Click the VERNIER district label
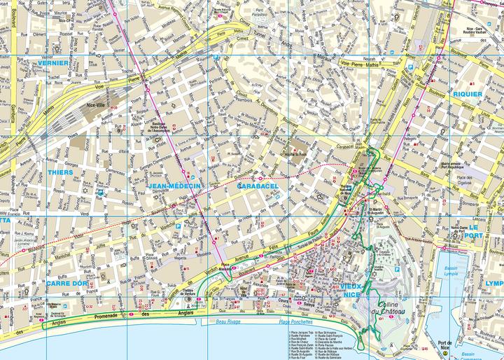(x=53, y=63)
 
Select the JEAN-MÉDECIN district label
(x=175, y=186)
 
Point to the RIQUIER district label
(x=468, y=93)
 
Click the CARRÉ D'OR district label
(x=68, y=283)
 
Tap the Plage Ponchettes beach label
(x=294, y=321)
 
